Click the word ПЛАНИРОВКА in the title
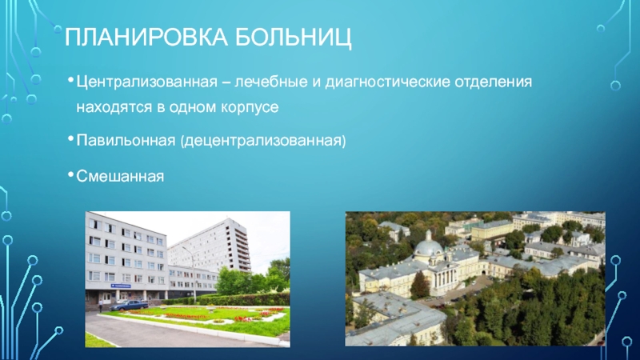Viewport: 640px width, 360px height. point(146,38)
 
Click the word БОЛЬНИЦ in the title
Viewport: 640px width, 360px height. point(293,38)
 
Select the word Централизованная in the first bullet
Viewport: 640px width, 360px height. point(147,82)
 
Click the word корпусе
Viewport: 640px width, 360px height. point(250,108)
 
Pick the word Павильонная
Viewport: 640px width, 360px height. point(126,141)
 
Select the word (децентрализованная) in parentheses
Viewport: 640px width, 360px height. point(263,141)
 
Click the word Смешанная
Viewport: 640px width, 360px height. point(120,176)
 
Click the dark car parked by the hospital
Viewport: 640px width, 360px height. point(130,306)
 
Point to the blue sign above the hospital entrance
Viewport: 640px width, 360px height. point(121,286)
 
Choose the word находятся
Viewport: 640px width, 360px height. point(114,108)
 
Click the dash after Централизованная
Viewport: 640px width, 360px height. point(226,83)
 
